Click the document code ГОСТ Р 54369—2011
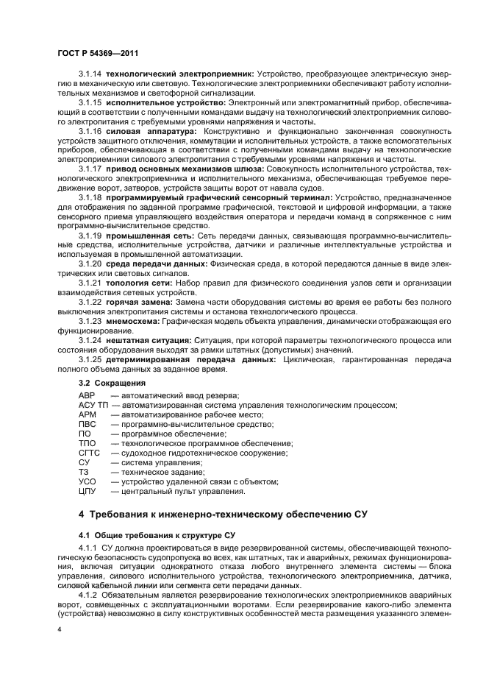[97, 54]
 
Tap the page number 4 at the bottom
[59, 629]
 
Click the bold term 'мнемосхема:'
[133, 320]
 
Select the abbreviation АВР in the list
[87, 396]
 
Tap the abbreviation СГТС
[89, 452]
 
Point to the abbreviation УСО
[87, 481]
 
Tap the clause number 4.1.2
[90, 593]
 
